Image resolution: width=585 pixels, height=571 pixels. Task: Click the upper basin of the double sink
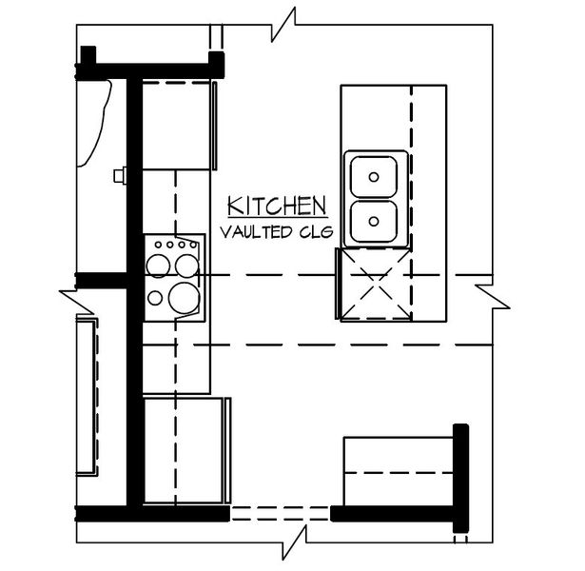376,175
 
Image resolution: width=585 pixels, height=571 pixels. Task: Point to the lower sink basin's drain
375,221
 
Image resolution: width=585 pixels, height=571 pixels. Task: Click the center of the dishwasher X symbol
374,284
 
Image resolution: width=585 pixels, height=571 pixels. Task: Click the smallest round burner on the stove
155,298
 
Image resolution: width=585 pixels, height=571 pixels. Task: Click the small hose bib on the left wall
120,175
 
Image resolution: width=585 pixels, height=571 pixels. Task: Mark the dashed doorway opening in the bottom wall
280,514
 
